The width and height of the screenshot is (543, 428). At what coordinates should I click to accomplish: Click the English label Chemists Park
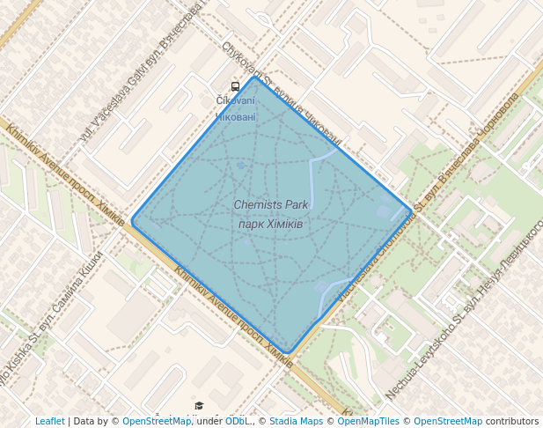[x=271, y=205]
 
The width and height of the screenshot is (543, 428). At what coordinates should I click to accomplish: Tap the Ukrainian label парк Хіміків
[x=271, y=225]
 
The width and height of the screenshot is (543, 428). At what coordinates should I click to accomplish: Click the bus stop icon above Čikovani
[x=235, y=86]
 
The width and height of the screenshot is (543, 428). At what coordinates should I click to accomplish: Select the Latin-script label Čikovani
[x=236, y=101]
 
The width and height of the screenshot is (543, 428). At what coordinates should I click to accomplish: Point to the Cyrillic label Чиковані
[x=236, y=116]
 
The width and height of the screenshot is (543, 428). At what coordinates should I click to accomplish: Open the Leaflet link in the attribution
[x=50, y=422]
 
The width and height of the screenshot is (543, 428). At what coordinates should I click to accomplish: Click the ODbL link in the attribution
[x=237, y=422]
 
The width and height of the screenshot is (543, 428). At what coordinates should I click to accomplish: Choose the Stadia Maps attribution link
[x=296, y=422]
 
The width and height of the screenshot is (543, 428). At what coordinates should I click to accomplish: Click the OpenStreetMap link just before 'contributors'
[x=448, y=422]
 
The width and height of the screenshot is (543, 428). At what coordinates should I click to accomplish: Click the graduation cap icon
[x=199, y=406]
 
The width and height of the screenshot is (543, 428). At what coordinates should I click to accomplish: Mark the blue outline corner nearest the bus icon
[x=254, y=77]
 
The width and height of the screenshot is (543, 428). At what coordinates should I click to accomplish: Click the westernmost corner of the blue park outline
[x=132, y=220]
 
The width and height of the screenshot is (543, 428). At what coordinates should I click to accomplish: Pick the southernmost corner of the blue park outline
[x=289, y=352]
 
